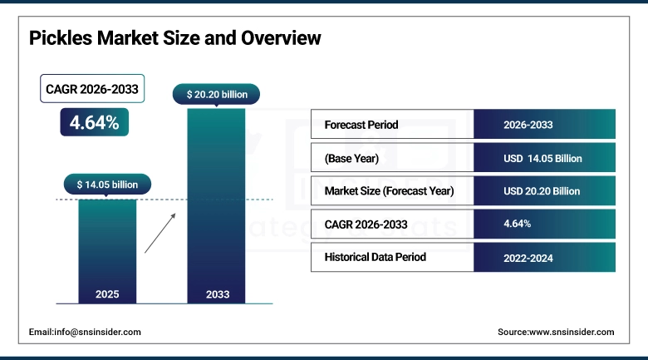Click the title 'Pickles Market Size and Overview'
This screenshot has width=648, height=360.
(x=174, y=38)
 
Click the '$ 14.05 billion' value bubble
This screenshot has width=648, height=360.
(x=107, y=185)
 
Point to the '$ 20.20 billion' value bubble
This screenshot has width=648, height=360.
(x=216, y=94)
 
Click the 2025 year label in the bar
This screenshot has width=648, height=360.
(x=107, y=293)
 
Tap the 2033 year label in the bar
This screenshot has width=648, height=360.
(x=216, y=293)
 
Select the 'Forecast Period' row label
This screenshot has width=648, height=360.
(x=361, y=125)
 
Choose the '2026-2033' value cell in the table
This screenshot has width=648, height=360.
(x=544, y=125)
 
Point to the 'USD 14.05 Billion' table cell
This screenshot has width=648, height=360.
(x=544, y=158)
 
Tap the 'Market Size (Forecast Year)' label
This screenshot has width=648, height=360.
(x=389, y=190)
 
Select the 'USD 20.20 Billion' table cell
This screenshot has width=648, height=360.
(x=544, y=190)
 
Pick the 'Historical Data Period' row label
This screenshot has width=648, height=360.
(x=375, y=257)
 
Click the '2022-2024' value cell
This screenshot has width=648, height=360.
(x=544, y=257)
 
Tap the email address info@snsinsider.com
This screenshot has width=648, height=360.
(x=85, y=332)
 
